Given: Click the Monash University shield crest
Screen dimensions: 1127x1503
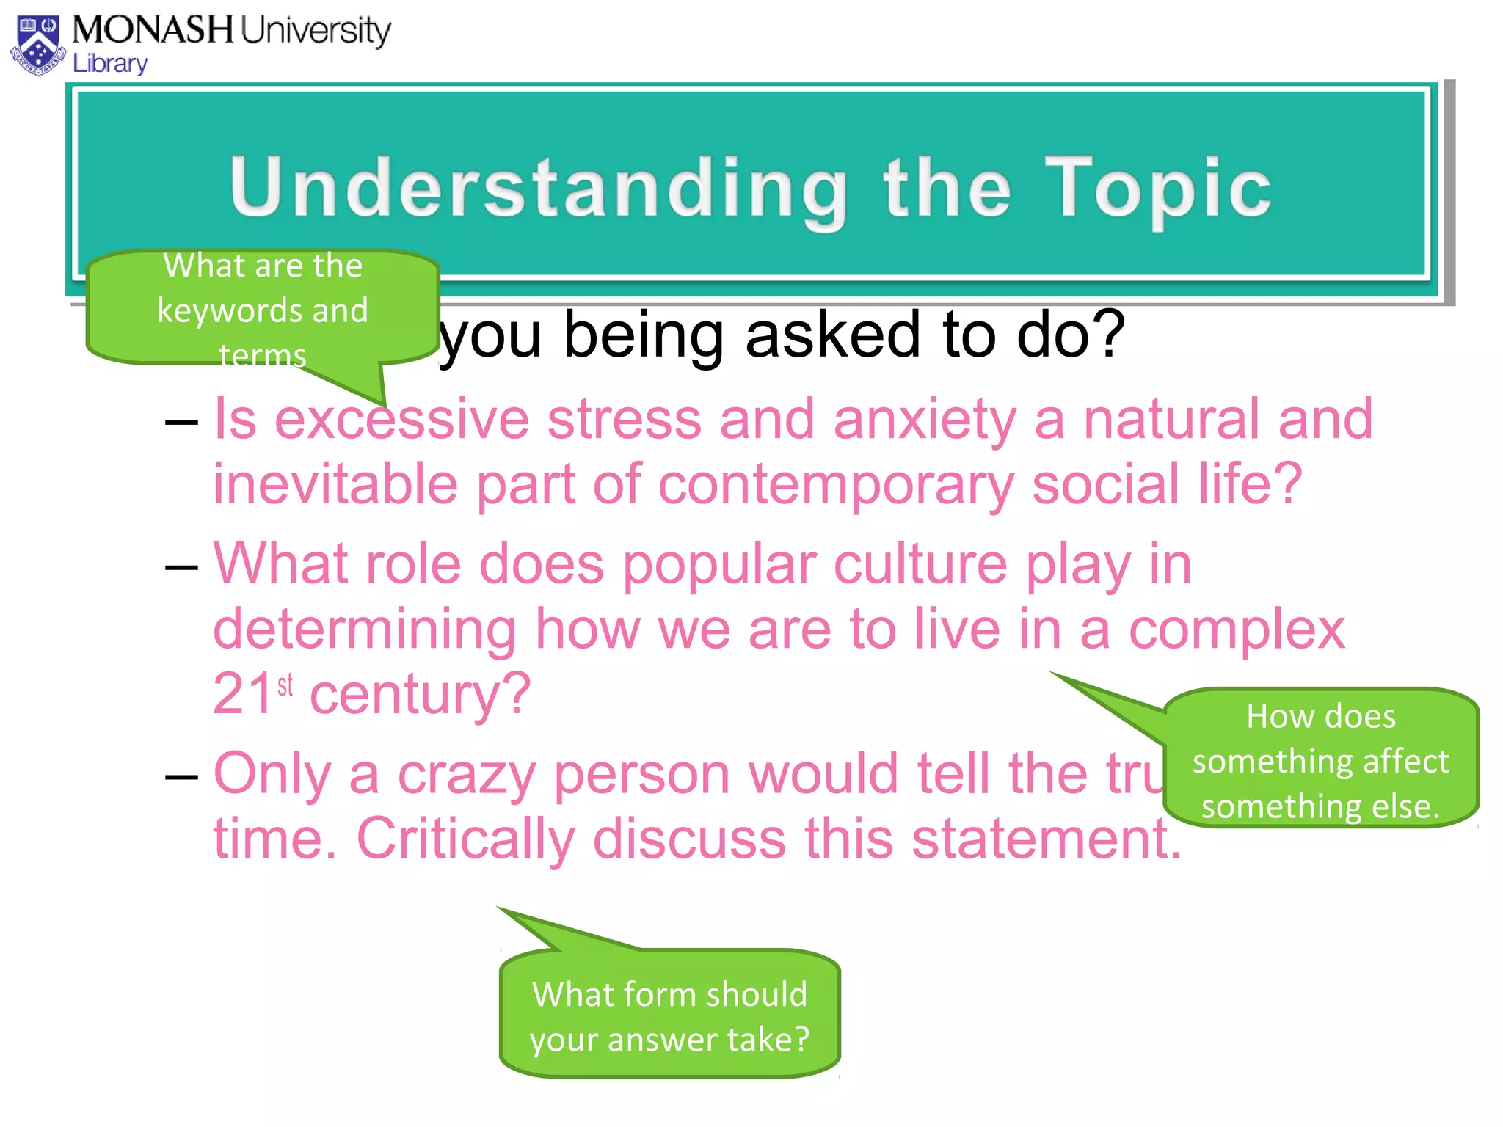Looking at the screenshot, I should [x=38, y=45].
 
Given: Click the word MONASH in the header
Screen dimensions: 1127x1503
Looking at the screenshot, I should [x=153, y=30].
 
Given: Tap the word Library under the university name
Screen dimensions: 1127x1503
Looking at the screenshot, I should [x=110, y=64].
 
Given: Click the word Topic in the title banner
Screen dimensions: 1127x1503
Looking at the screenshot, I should [x=1158, y=188].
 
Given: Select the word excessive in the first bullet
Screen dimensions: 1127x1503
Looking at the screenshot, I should [x=401, y=420].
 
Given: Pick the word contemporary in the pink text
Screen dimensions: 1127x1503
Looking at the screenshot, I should [x=836, y=486].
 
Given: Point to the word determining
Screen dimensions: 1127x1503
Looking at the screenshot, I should [x=365, y=630].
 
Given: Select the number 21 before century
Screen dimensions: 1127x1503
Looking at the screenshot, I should [x=243, y=693].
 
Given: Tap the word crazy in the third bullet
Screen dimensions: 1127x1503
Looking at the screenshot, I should [x=466, y=774].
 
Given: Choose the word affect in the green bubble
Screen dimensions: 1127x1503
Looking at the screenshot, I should [x=1405, y=762].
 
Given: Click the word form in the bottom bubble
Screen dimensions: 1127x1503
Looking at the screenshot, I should [x=644, y=995].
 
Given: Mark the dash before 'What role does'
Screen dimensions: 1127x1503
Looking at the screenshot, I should [x=181, y=567].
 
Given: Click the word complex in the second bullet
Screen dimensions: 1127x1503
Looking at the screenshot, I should [x=1237, y=630].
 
